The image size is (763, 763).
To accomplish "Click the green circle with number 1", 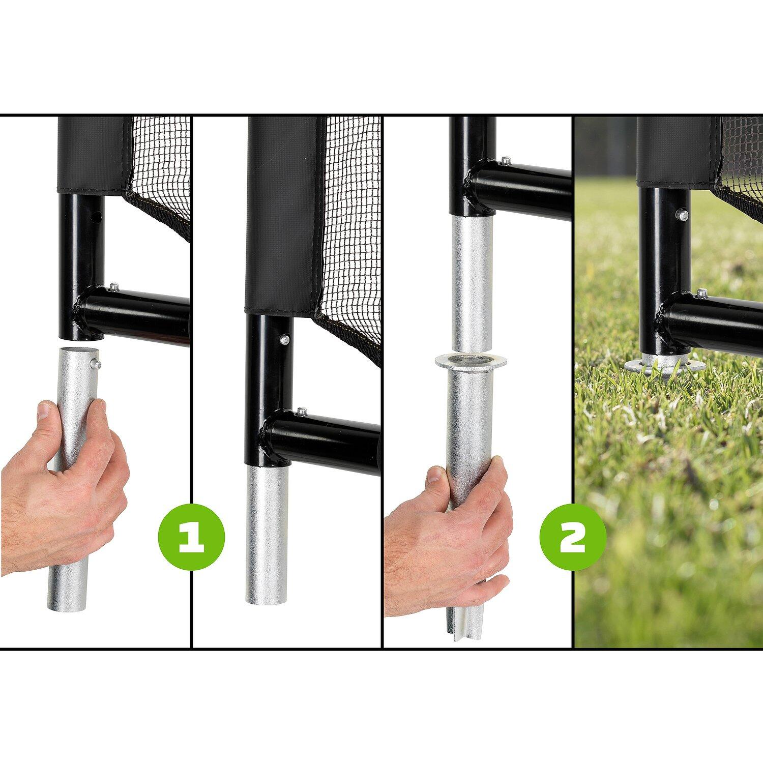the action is (x=191, y=536).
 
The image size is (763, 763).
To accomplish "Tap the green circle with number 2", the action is (x=573, y=536).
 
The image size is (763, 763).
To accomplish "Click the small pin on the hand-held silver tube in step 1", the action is (x=96, y=363).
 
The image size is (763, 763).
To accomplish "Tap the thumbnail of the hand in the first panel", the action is (x=46, y=409).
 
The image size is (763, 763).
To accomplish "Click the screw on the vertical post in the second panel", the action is (x=286, y=339).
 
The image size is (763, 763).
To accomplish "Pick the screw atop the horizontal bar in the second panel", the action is (x=302, y=410).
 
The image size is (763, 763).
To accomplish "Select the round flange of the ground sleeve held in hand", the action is (x=471, y=362).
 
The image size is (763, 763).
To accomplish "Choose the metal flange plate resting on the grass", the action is (x=664, y=366).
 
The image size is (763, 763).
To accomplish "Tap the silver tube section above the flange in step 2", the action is (x=471, y=283).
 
